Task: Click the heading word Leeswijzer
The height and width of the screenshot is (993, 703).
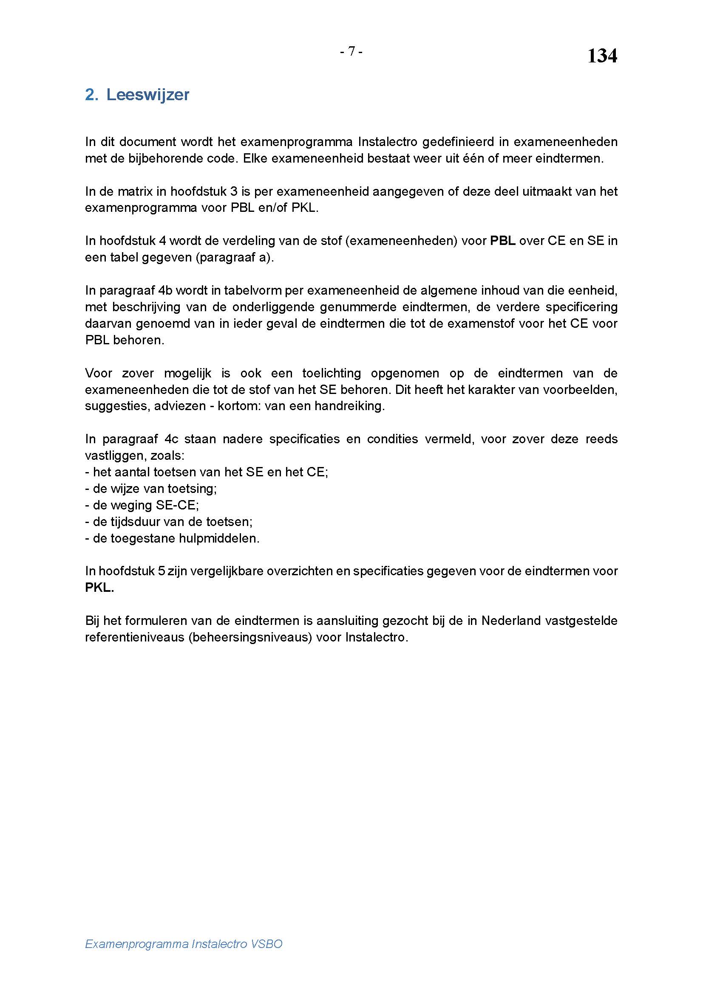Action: coord(147,95)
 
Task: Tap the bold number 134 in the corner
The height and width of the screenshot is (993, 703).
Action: coord(602,56)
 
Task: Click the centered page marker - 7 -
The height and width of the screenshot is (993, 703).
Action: coord(351,51)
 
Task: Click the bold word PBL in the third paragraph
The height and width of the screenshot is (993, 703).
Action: coord(502,241)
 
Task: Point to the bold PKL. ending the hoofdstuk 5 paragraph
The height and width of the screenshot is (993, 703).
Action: coord(99,588)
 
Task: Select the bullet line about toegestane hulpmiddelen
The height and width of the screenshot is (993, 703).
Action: coord(172,538)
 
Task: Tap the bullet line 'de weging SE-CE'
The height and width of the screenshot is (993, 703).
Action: coord(142,505)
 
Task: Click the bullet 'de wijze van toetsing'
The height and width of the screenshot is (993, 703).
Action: coord(151,489)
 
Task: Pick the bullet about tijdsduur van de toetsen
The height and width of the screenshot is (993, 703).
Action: coord(169,522)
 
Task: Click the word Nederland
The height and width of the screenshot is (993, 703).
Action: coord(511,621)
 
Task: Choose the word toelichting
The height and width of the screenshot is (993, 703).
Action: coord(331,373)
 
